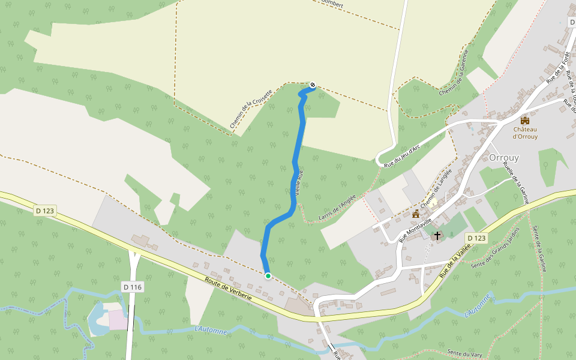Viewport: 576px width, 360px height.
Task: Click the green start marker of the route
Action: point(268,276)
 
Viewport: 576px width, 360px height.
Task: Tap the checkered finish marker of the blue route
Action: point(313,85)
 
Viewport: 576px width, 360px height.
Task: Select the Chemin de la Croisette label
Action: point(251,109)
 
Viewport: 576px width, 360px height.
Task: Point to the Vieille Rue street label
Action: point(299,183)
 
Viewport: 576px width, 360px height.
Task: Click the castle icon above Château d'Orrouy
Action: point(525,121)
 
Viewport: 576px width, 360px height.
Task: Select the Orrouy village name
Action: point(504,158)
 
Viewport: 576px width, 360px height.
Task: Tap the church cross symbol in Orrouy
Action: point(438,235)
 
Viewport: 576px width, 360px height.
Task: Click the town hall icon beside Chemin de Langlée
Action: point(415,214)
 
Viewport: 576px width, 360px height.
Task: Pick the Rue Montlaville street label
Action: point(415,229)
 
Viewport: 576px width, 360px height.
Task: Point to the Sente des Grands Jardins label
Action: point(496,254)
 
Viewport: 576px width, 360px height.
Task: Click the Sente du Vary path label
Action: point(464,354)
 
